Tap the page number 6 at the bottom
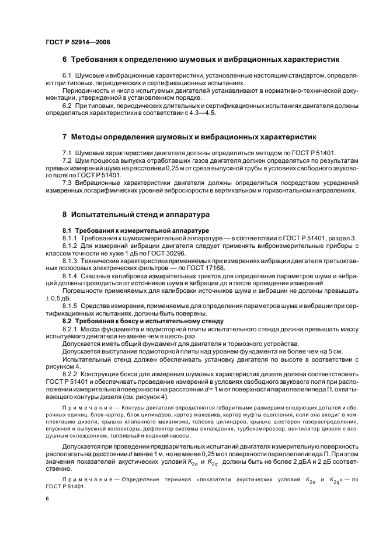pyautogui.click(x=47, y=500)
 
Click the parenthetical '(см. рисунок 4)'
pyautogui.click(x=144, y=397)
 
